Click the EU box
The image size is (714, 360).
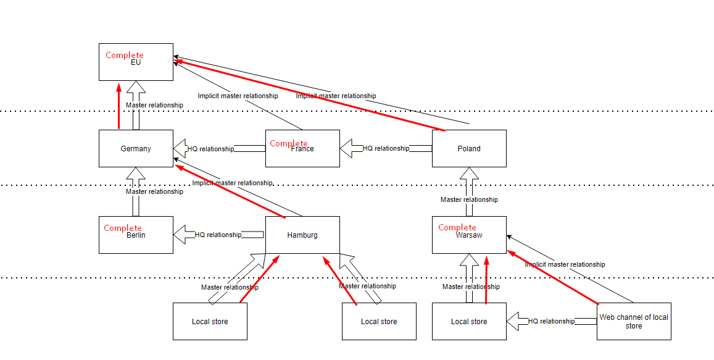[x=136, y=68]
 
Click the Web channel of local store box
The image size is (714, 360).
[x=634, y=322]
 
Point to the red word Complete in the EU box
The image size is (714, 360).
[x=125, y=56]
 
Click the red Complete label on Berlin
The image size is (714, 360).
[x=123, y=228]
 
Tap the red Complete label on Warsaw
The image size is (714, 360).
[x=457, y=227]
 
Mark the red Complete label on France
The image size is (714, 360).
[x=288, y=143]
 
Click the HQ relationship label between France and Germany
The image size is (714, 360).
[x=210, y=149]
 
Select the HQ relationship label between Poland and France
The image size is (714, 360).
[x=386, y=148]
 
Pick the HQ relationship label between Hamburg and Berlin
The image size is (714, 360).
[x=218, y=235]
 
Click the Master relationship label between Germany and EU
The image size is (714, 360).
[x=154, y=105]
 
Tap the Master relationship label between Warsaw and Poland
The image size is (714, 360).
[x=469, y=199]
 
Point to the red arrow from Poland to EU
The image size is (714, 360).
[x=309, y=96]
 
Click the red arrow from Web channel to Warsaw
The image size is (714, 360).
[x=552, y=278]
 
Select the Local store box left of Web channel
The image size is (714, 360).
[x=469, y=322]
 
